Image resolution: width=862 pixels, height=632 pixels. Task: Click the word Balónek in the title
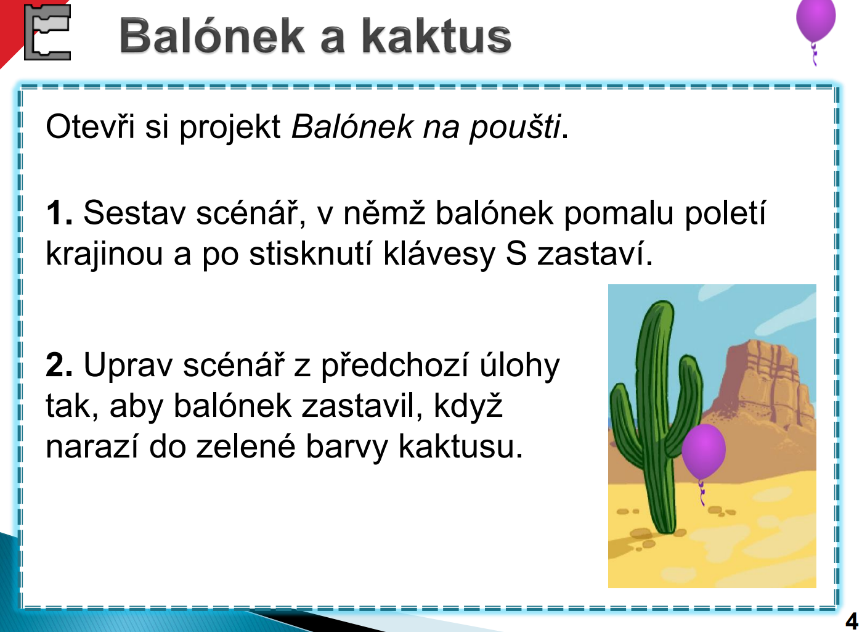(212, 36)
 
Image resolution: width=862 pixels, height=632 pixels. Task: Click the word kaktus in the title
(436, 36)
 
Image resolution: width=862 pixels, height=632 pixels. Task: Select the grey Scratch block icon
(47, 32)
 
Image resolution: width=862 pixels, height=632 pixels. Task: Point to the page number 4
(852, 620)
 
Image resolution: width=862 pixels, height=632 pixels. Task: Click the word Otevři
(90, 126)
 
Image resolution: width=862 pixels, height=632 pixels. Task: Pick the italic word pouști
(514, 128)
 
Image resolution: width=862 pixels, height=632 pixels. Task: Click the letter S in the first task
(516, 253)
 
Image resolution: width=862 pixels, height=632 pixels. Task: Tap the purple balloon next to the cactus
(704, 451)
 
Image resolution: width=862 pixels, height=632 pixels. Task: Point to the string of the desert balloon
(702, 493)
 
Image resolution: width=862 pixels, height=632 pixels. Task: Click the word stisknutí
(311, 253)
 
